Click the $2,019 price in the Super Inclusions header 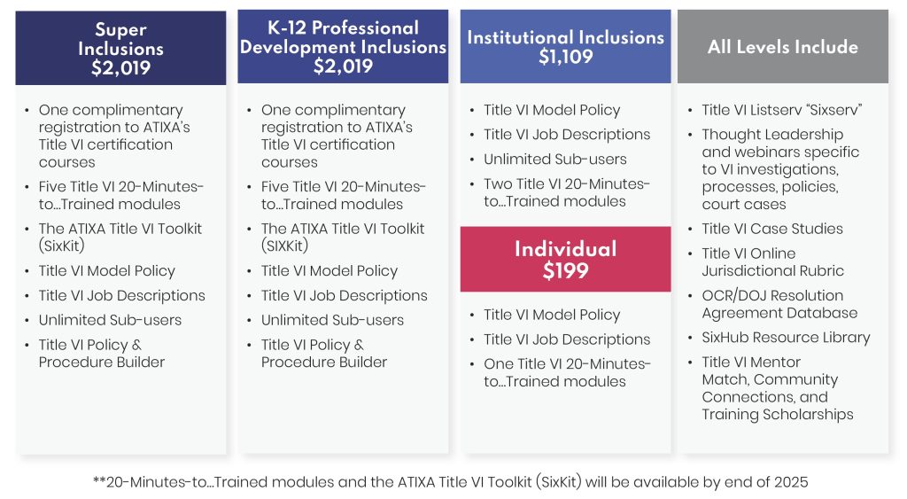tap(120, 68)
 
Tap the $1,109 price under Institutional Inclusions tap(566, 57)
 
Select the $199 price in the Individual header tap(566, 271)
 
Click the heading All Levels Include tap(783, 47)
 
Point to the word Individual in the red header tap(566, 249)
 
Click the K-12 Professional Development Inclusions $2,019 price tap(343, 66)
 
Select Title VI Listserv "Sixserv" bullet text tap(782, 110)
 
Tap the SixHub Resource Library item tap(786, 338)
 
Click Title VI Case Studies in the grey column tap(772, 229)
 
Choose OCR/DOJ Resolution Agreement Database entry tap(779, 304)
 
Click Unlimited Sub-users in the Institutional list tap(555, 160)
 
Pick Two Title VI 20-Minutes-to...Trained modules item tap(567, 192)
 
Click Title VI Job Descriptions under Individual tap(567, 339)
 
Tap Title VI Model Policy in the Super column tap(107, 271)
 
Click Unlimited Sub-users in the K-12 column tap(333, 320)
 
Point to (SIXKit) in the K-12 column tap(284, 246)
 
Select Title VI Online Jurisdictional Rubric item tap(772, 262)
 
